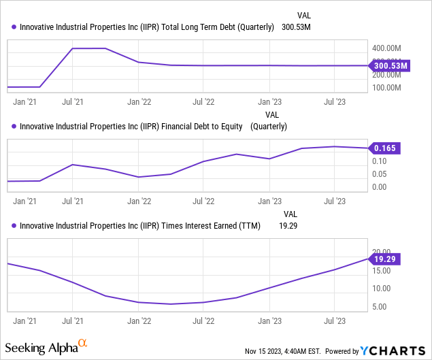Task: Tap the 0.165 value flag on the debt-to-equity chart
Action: pos(386,148)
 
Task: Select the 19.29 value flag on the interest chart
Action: pos(386,259)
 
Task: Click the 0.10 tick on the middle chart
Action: pos(380,161)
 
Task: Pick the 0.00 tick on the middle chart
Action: pos(380,187)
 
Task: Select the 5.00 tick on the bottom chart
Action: pos(380,307)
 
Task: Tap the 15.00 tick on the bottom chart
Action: pos(381,271)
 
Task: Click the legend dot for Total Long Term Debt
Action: pos(14,28)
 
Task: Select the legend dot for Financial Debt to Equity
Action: pos(14,127)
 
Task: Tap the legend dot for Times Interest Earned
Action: pos(14,226)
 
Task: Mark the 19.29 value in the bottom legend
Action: pos(288,226)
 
